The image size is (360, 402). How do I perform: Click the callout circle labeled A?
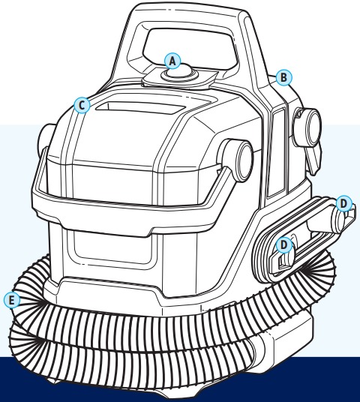(173, 58)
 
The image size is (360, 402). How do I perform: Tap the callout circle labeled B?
(283, 76)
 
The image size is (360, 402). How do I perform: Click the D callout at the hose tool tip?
(343, 203)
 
